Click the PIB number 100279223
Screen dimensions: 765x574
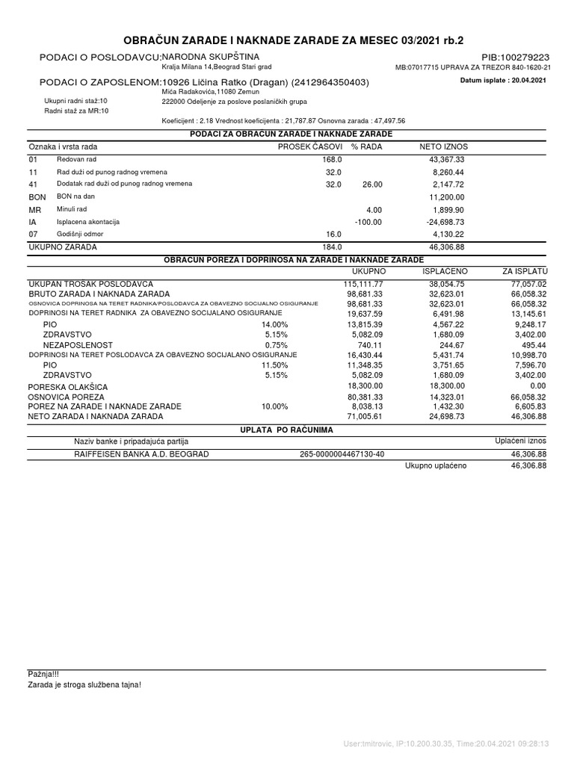point(516,57)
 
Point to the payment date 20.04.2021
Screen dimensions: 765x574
point(526,79)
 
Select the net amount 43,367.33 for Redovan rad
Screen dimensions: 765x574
point(447,160)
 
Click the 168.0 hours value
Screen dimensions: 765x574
point(332,160)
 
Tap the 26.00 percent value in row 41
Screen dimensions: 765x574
point(371,184)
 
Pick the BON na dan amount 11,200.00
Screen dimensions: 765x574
point(447,196)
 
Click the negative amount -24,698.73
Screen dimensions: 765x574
point(445,222)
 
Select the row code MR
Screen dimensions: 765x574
point(34,210)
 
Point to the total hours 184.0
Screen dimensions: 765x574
point(332,247)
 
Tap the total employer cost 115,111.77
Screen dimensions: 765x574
point(363,284)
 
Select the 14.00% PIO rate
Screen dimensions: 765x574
point(274,325)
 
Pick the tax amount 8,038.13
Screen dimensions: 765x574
point(365,406)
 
